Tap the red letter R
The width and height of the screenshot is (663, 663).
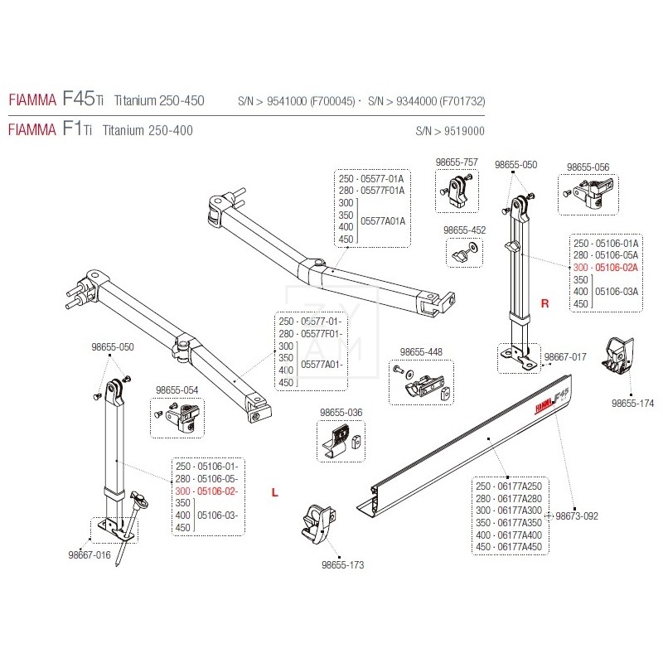point(544,304)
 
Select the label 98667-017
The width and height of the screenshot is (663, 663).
point(565,357)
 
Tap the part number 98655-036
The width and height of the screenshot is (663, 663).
point(341,412)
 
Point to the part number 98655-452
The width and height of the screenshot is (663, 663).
point(464,230)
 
